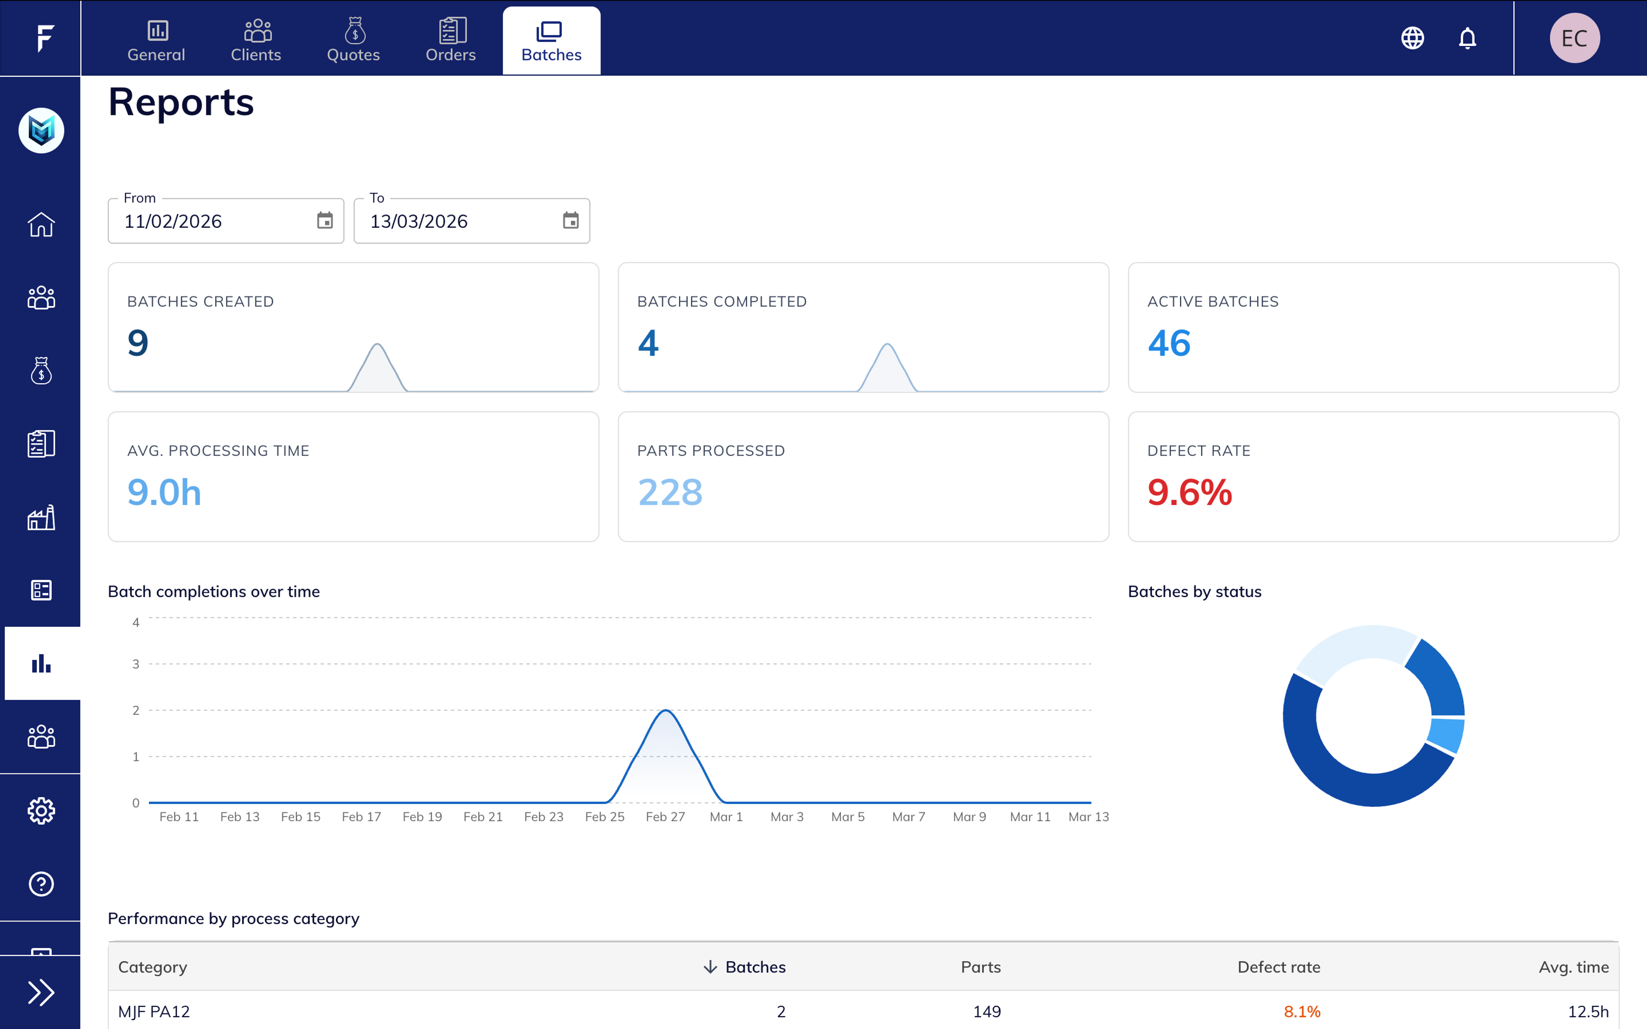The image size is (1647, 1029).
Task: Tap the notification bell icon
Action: coord(1467,38)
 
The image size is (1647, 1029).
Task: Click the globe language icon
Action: coord(1413,38)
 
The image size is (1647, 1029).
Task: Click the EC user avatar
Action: coord(1574,38)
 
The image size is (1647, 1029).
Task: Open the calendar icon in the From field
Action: coord(325,220)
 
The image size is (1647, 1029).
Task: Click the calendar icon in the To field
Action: coord(570,220)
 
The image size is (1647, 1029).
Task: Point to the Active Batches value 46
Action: coord(1168,343)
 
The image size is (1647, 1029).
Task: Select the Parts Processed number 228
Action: coord(670,492)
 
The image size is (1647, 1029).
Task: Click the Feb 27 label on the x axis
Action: coord(665,817)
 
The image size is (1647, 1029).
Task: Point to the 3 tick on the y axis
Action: coord(136,664)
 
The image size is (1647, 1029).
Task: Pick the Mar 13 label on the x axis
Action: coord(1088,817)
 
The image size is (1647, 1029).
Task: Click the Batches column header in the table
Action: coord(755,967)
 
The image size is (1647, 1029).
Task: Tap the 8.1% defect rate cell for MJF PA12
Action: coord(1301,1012)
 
